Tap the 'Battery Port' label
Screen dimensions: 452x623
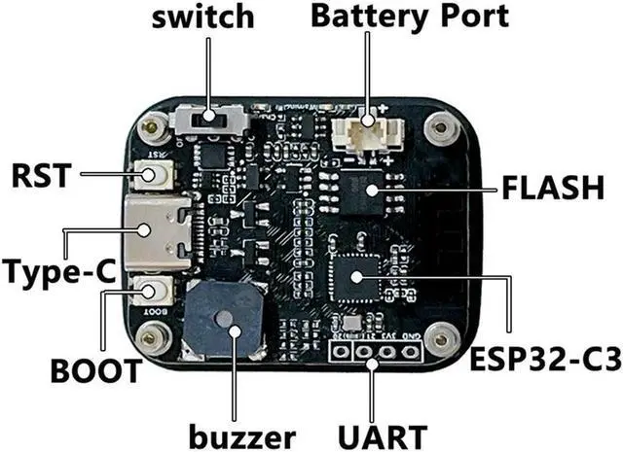tap(409, 17)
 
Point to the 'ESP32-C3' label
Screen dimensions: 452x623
tap(545, 363)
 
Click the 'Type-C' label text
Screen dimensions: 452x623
tap(56, 269)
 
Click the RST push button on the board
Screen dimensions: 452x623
tap(151, 175)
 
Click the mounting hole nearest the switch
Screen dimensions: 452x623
tap(150, 126)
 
